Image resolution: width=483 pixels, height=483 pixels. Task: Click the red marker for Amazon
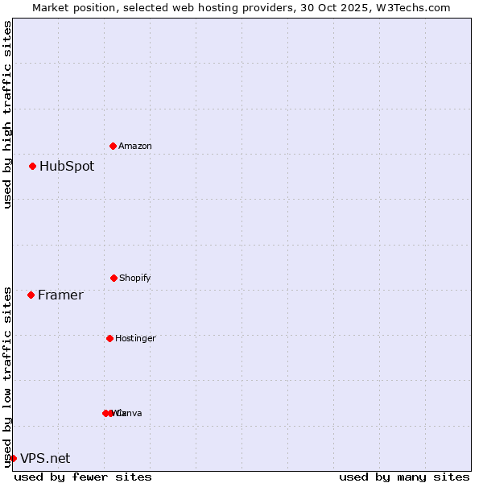113,146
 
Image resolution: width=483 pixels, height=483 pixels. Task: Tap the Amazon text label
135,147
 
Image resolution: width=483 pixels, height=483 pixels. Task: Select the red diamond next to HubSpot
32,166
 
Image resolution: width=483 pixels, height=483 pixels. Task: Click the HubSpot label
67,167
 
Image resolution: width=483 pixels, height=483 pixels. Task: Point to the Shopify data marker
114,278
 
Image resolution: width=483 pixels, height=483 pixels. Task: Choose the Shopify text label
135,279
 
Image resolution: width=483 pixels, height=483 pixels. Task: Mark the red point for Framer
31,295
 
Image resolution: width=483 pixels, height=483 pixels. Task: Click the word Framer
60,295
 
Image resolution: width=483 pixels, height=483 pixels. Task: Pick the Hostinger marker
109,338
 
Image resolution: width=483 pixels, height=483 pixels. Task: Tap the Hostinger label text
135,339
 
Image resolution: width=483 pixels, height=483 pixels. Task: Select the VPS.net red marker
13,458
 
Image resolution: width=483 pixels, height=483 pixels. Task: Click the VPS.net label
45,459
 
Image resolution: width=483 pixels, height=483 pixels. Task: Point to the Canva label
130,414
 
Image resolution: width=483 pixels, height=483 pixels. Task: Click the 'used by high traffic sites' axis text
7,114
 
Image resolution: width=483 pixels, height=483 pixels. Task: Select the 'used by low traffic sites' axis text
7,377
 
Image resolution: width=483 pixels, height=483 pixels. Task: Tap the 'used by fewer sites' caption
83,477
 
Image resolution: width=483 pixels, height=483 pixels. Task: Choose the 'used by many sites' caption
404,477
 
